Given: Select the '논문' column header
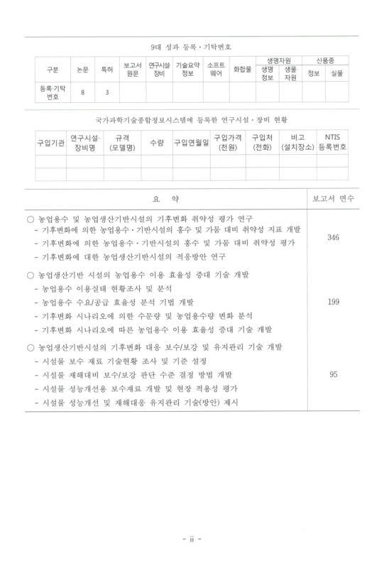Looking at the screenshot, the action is (83, 70).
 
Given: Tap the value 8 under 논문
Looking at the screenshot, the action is (83, 92).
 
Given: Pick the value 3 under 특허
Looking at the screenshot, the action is (106, 92).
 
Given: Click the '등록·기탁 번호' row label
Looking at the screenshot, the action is (52, 92).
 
